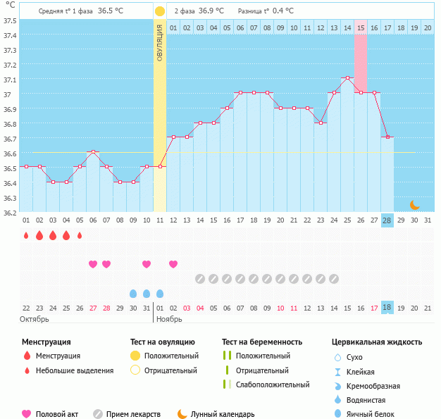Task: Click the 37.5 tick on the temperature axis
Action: click(x=10, y=20)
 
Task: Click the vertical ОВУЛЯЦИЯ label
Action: click(x=160, y=42)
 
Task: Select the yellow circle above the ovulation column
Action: click(x=160, y=11)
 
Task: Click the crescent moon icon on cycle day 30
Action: click(x=415, y=205)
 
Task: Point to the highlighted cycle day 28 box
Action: click(x=387, y=220)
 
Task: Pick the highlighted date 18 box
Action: click(x=387, y=308)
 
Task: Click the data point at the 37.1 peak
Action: click(x=347, y=78)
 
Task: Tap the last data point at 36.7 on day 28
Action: click(x=387, y=137)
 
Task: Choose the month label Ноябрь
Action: click(x=169, y=319)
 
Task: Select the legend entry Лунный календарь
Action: click(x=225, y=414)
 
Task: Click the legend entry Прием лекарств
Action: click(x=133, y=414)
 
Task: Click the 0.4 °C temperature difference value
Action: click(x=282, y=11)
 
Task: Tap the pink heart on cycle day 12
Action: click(x=173, y=264)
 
